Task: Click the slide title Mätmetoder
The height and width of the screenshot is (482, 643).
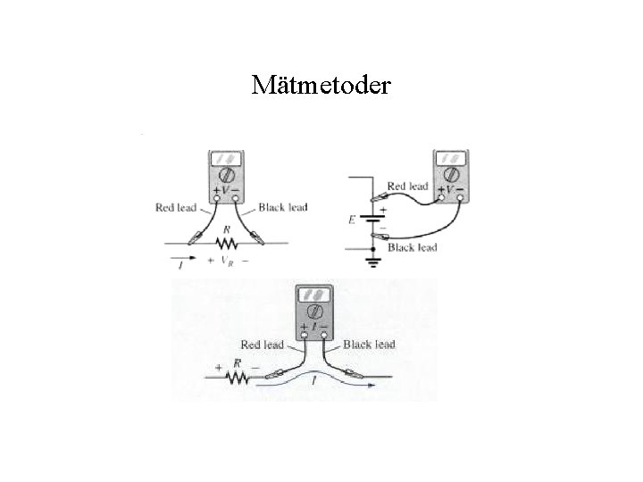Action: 321,85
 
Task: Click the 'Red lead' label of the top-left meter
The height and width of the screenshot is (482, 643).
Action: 175,208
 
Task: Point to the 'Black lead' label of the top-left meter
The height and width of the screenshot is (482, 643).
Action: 282,207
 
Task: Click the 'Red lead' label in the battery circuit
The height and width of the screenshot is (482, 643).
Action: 407,186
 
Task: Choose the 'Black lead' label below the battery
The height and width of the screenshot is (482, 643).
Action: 412,247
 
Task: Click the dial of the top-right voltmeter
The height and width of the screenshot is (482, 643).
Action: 450,172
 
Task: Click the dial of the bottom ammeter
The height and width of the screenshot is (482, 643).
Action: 313,311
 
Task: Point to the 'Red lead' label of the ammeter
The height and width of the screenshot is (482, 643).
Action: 262,344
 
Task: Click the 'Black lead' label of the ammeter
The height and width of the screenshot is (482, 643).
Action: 368,344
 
